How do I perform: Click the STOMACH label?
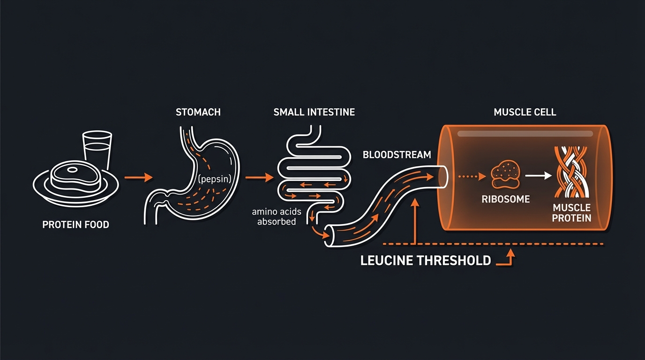pos(198,112)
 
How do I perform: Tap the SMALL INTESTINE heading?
pos(314,112)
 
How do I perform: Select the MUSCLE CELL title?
pos(525,112)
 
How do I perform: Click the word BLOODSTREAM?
pos(397,155)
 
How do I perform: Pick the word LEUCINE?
pos(392,261)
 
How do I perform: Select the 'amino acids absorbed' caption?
pos(277,217)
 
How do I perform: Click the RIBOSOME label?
pos(505,199)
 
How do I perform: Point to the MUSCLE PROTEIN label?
pos(571,213)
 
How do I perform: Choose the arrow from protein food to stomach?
pos(139,177)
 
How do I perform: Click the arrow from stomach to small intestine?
pos(259,178)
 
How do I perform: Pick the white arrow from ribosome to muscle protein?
pos(539,176)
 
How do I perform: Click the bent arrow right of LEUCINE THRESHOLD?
pos(507,259)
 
